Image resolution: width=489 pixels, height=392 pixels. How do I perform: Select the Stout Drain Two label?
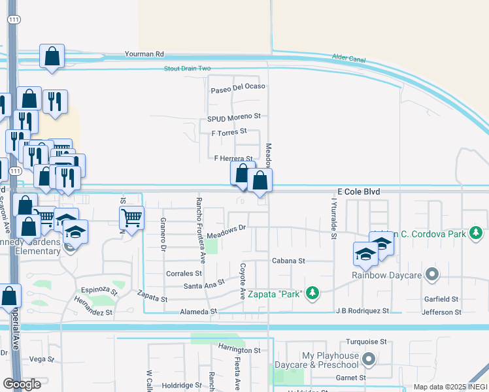click(x=188, y=68)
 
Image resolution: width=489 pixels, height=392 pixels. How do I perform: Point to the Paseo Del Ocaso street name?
click(x=238, y=86)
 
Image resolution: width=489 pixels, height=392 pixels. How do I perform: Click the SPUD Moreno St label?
click(x=234, y=117)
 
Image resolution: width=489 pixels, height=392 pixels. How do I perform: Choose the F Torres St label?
click(x=229, y=131)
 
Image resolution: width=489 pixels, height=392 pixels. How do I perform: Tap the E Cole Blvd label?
click(x=358, y=191)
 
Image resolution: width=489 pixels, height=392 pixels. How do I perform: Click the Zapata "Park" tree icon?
click(x=313, y=293)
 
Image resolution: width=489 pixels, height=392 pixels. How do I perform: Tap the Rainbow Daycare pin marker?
click(x=431, y=274)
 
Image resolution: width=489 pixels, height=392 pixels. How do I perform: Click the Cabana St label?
click(x=289, y=261)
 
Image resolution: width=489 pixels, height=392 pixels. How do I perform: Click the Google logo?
click(x=22, y=384)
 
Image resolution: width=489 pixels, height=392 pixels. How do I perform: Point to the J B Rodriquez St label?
click(x=363, y=311)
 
